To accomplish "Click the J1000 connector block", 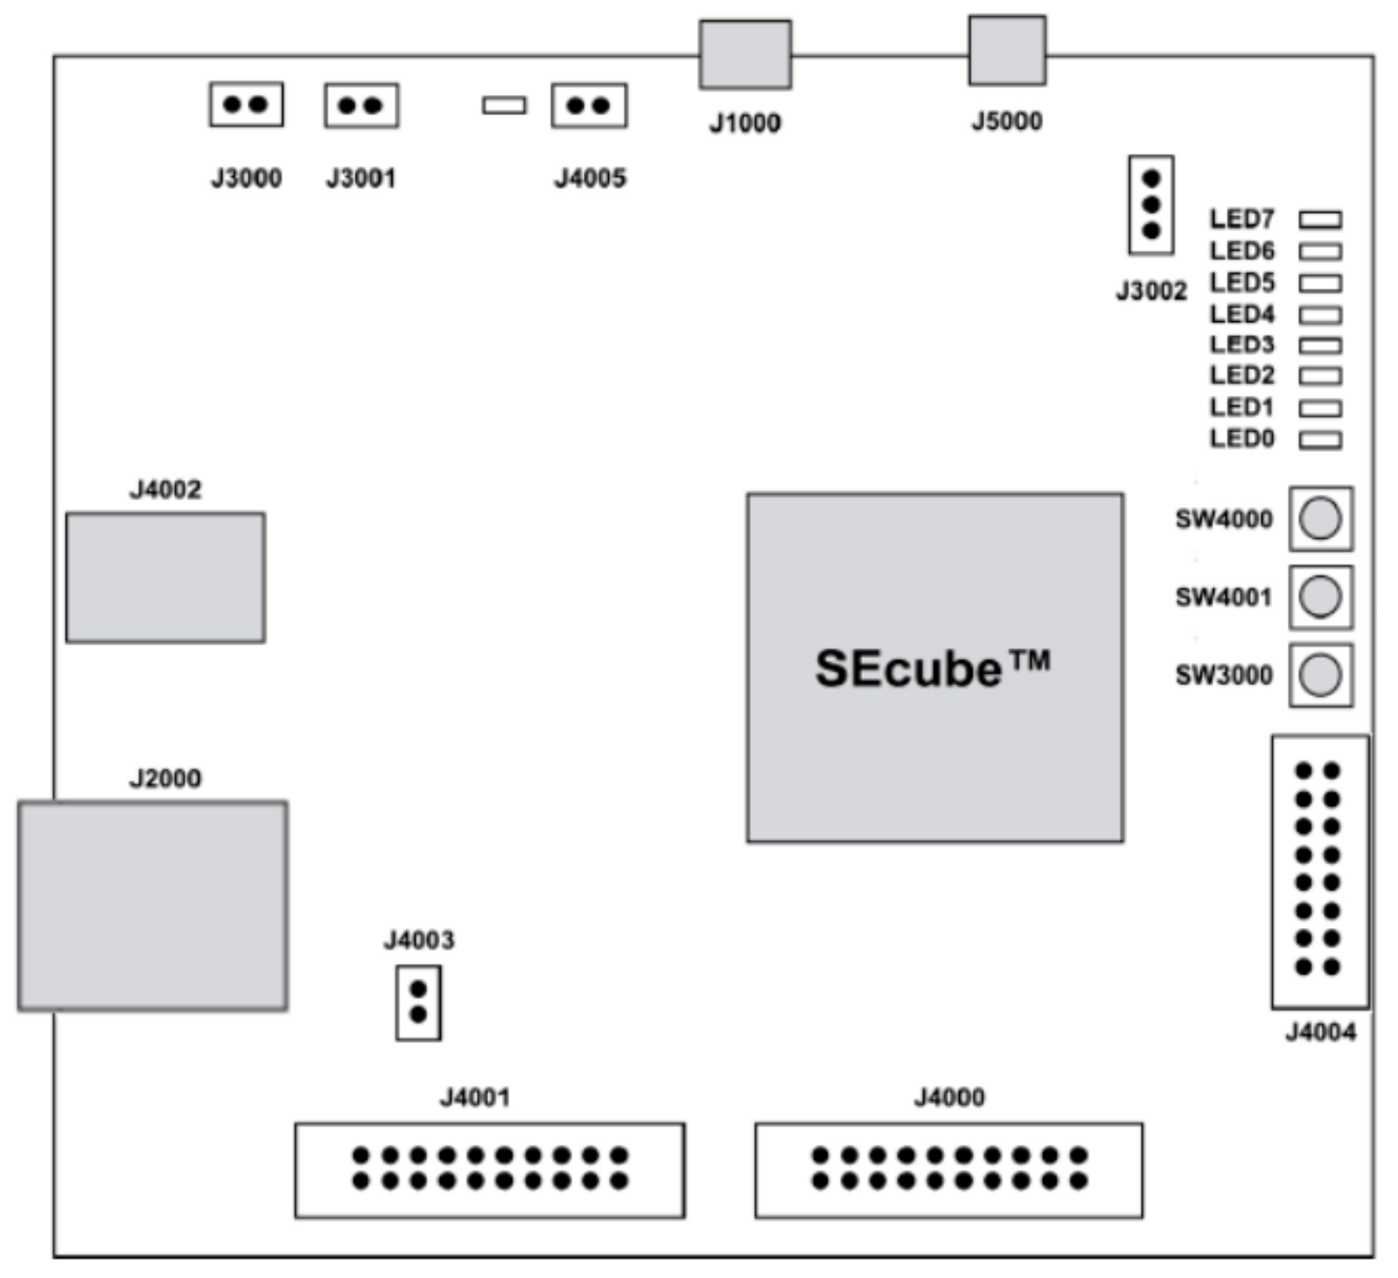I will (x=745, y=54).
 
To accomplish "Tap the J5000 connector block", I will (x=1006, y=50).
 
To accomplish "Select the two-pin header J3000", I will (x=246, y=104).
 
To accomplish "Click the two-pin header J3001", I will (x=361, y=105).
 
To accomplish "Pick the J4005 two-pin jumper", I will (x=589, y=105).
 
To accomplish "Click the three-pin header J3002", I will (x=1150, y=204).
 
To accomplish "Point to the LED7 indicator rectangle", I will (x=1320, y=220).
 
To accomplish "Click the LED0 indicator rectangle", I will (x=1320, y=440).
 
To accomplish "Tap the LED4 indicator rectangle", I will (x=1320, y=315).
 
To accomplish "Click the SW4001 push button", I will (x=1320, y=596).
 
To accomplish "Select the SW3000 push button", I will (x=1320, y=675).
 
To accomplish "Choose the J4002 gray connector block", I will (x=165, y=577).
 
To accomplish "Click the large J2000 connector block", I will (x=153, y=905).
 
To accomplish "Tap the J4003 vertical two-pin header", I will (x=418, y=1002).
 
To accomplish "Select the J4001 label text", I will (x=474, y=1096).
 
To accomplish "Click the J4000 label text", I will (x=948, y=1096).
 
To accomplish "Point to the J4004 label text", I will (x=1320, y=1032).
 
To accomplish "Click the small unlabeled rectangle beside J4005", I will (x=504, y=105).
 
